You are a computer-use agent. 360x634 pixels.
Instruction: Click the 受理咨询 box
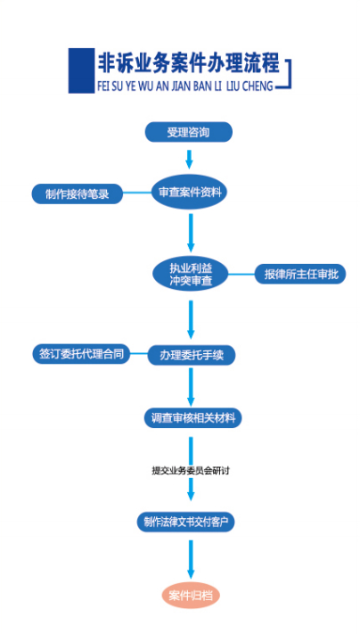(x=189, y=132)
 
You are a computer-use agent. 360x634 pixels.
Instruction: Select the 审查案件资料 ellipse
(x=189, y=192)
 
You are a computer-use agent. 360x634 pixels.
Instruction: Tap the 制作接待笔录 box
(x=78, y=194)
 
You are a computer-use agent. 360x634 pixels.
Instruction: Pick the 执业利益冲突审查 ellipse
(x=191, y=274)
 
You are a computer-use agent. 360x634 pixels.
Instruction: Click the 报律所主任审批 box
(x=300, y=274)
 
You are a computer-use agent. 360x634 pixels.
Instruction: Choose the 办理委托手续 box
(x=192, y=356)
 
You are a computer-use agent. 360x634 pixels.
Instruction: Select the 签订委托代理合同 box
(x=82, y=354)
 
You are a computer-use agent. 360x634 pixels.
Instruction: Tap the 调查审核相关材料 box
(x=193, y=418)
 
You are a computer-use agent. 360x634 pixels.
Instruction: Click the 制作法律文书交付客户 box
(x=186, y=522)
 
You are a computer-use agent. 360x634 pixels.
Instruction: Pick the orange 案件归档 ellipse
(x=191, y=596)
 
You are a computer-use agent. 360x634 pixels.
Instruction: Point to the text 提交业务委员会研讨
(x=191, y=471)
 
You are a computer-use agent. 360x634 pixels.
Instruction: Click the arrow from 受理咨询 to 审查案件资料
(x=189, y=159)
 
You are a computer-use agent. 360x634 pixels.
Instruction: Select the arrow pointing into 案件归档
(x=191, y=559)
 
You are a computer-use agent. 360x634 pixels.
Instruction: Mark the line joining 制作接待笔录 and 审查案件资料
(x=137, y=193)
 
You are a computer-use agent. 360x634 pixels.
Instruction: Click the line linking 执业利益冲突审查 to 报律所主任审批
(x=241, y=275)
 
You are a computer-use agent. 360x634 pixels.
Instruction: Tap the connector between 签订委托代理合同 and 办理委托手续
(x=139, y=353)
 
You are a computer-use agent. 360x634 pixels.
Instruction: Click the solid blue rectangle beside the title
(x=82, y=70)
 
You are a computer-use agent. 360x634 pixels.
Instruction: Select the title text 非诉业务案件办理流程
(x=188, y=62)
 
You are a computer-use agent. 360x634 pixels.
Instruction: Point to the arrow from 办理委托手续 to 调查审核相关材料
(x=191, y=386)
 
